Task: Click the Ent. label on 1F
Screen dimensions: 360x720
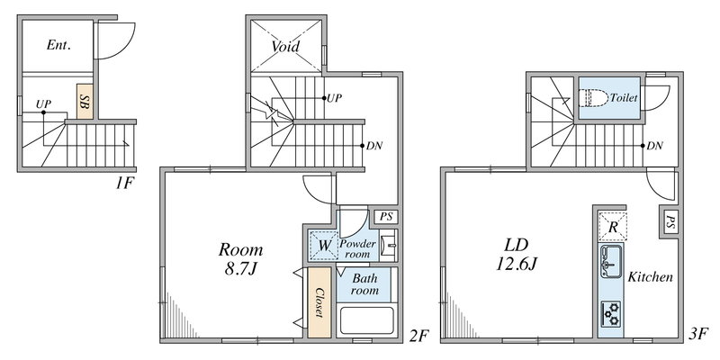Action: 58,43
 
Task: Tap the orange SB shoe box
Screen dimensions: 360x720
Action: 83,102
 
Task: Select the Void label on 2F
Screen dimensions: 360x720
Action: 286,45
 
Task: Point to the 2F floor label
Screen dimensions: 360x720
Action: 418,337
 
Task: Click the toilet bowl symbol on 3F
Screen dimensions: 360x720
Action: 595,97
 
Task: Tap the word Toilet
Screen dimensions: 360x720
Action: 625,96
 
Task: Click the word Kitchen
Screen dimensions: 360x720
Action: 650,277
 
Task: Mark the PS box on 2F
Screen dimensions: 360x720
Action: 385,216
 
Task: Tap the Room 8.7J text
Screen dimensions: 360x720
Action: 240,257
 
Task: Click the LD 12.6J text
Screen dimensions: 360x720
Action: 516,253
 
